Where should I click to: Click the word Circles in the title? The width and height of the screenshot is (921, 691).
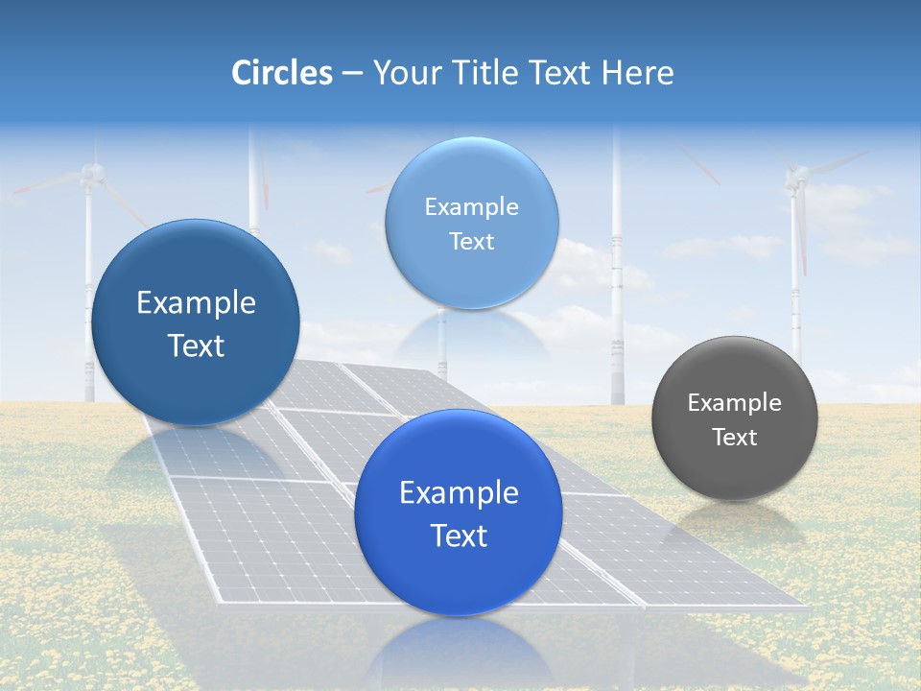coord(282,73)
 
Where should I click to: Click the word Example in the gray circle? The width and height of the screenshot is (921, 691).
coord(735,403)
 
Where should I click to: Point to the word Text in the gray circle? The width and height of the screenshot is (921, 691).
coord(735,438)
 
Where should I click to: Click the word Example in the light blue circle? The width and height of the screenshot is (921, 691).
coord(471,207)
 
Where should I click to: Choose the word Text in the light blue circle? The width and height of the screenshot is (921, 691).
coord(471,242)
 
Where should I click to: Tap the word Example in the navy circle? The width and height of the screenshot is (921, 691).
coord(197,303)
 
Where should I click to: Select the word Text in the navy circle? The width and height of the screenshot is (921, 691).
coord(197,346)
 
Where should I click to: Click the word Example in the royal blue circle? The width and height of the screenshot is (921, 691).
coord(459,493)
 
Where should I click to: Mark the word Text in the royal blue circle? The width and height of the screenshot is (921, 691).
coord(459,536)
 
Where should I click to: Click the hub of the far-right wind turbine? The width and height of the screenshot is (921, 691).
coord(795,176)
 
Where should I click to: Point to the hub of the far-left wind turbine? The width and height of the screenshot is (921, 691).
coord(91,173)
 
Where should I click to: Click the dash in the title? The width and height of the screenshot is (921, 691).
coord(352,73)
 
